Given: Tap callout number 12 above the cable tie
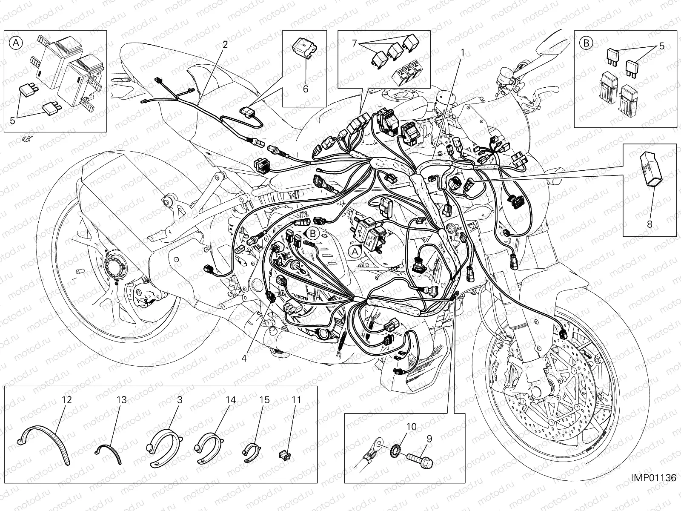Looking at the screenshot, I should (67, 400).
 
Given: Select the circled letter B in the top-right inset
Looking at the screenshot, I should (586, 43).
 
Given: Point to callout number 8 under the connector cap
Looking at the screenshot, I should (650, 224).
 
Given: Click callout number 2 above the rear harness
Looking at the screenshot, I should (225, 45).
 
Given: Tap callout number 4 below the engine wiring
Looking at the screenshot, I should (244, 358).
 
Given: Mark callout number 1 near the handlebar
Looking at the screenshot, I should (463, 53).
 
